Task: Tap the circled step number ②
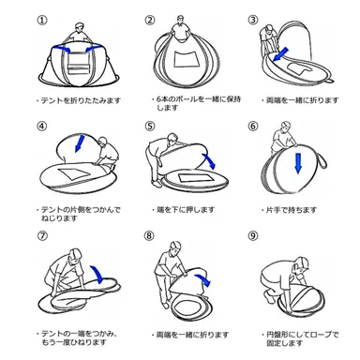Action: click(x=150, y=19)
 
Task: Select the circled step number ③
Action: click(x=253, y=19)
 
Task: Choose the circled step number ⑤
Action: click(x=150, y=125)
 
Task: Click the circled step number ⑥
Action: click(x=253, y=125)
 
